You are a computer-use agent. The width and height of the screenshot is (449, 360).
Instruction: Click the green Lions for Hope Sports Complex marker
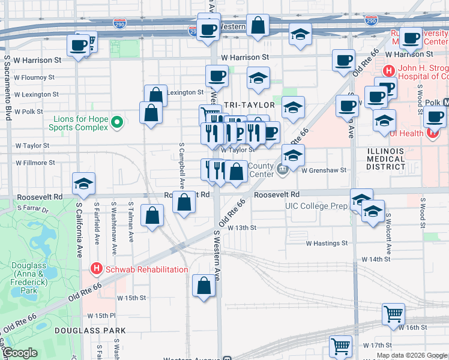coord(117,123)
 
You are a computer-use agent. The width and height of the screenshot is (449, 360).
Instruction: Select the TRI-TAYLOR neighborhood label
coord(249,104)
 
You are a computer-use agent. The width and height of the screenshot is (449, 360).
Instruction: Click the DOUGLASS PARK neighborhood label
coord(90,331)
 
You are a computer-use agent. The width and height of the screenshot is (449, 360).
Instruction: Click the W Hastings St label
coord(327,244)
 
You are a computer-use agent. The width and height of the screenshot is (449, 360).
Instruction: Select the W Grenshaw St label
coord(324,170)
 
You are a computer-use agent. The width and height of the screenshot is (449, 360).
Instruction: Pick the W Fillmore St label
coord(35,163)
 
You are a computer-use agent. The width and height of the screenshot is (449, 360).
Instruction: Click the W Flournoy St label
coord(34,77)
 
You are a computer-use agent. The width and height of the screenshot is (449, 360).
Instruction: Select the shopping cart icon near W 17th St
coord(340,346)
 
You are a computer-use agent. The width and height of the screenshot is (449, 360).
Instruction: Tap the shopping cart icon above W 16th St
coord(393,313)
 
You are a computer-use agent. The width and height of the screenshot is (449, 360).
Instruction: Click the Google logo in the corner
coord(20,353)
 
